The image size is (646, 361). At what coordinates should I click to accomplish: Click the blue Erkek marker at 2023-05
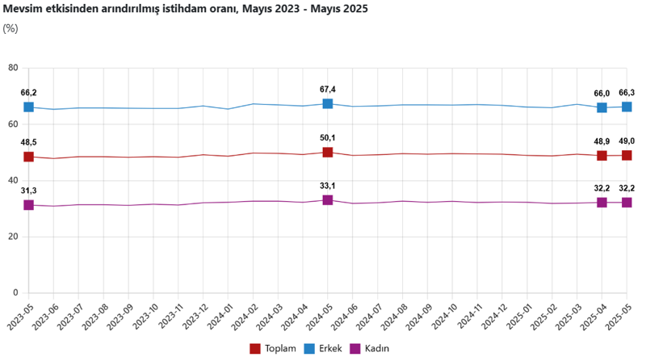click(28, 107)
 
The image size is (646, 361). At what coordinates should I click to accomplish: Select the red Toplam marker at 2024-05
click(328, 153)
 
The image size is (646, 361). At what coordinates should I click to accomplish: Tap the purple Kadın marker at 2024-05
click(328, 199)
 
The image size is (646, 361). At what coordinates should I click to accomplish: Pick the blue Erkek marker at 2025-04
click(602, 107)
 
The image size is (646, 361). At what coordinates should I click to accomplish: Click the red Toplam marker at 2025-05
click(627, 155)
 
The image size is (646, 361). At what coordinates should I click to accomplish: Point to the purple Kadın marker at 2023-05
click(28, 205)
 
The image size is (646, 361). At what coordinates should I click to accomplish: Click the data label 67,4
click(328, 90)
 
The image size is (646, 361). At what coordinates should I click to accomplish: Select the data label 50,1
click(328, 138)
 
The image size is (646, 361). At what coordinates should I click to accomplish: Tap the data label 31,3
click(29, 191)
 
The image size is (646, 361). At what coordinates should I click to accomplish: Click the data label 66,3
click(627, 93)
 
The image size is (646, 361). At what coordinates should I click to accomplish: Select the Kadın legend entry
click(373, 348)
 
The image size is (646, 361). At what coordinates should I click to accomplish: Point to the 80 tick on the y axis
click(13, 68)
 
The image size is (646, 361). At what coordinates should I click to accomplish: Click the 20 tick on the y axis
click(13, 236)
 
